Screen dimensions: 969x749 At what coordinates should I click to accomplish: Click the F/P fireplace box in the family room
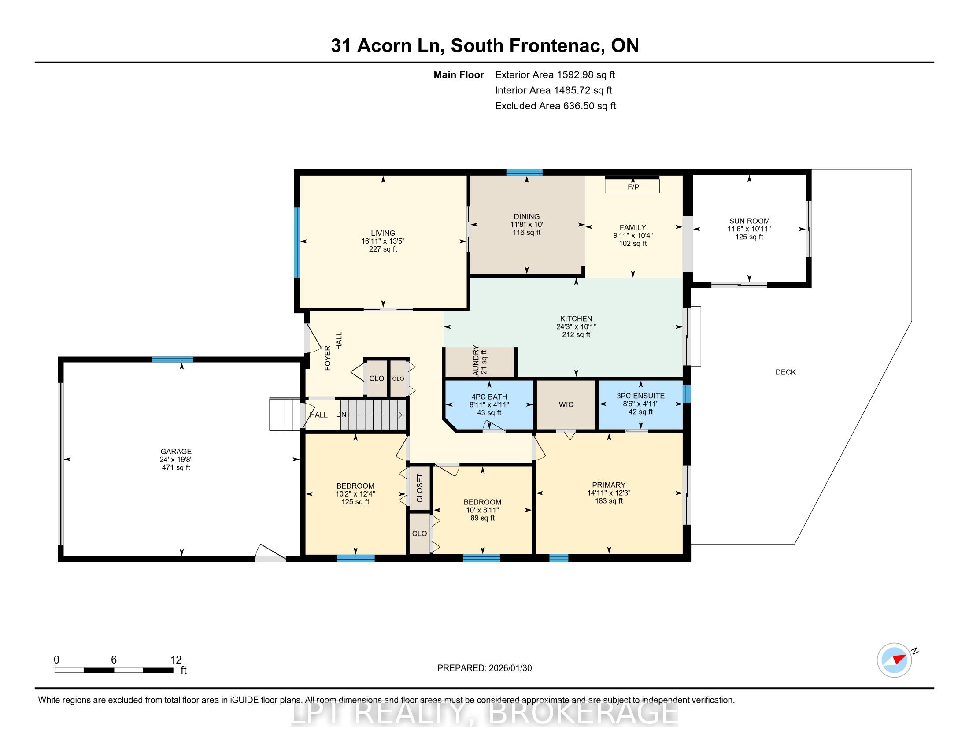tap(632, 186)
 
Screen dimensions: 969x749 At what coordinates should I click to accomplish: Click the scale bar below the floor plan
tap(114, 670)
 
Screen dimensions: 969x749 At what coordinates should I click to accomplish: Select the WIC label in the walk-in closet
tap(566, 404)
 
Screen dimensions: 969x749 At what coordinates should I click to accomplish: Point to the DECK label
tap(785, 372)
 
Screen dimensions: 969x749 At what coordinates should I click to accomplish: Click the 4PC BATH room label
tap(489, 397)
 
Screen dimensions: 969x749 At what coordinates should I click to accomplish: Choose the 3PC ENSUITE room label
tap(641, 396)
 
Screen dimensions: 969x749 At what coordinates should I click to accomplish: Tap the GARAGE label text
tap(176, 452)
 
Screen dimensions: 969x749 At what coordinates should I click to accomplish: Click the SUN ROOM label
tap(749, 221)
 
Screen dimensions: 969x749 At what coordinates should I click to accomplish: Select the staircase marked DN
tap(374, 415)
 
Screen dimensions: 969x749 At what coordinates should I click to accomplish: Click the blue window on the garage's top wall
tap(173, 360)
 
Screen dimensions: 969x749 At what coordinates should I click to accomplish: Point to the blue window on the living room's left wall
tap(296, 243)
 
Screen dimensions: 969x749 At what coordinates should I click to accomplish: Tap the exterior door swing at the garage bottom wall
tap(270, 553)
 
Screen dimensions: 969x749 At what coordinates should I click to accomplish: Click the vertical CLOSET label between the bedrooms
tap(420, 488)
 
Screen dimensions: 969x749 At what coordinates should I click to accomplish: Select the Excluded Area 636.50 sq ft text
tap(555, 106)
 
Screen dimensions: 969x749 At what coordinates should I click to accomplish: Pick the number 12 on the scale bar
tap(176, 660)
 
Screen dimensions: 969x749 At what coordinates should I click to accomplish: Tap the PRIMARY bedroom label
tap(609, 485)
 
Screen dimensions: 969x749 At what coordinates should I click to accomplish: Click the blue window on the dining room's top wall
tap(525, 172)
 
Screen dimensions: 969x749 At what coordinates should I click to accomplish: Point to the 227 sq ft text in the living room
tap(383, 249)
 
